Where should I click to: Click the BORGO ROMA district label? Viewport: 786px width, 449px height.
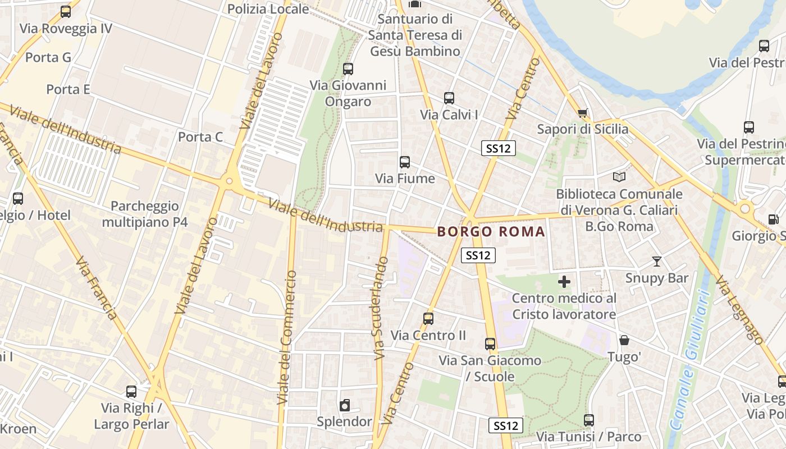491,231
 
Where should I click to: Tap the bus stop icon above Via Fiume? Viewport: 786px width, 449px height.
404,162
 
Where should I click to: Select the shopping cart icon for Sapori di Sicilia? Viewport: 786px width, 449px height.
583,113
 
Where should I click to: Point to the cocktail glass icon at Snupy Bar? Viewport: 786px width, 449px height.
656,261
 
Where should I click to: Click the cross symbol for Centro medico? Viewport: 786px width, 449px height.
564,281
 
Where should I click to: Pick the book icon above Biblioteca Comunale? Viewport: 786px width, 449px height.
619,177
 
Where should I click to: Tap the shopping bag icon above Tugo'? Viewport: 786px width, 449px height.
624,340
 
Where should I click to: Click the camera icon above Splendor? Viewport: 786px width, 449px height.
345,405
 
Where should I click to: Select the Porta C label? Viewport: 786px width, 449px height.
200,137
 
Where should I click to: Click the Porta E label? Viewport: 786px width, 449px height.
68,89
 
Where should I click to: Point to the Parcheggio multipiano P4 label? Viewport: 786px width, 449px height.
145,214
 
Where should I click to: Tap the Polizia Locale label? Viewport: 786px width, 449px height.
268,9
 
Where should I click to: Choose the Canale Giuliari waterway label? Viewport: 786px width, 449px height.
689,359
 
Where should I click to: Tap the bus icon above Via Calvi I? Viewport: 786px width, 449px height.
449,98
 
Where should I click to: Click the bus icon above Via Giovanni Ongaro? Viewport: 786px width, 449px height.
348,69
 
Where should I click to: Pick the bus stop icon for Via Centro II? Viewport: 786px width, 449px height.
428,319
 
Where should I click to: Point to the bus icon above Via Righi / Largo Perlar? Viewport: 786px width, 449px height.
131,392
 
